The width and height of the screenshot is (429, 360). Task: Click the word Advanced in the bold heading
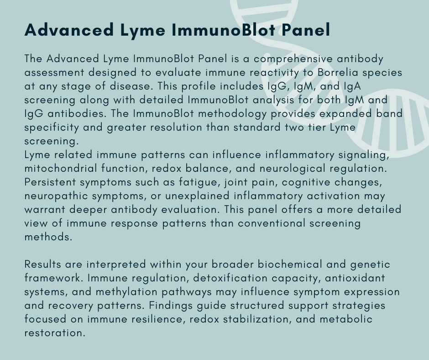(x=69, y=30)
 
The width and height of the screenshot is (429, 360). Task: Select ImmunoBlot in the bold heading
(x=223, y=30)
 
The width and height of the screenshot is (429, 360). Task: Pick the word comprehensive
(x=293, y=59)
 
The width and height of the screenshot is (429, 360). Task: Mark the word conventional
(x=272, y=223)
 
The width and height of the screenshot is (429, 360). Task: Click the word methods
(x=48, y=237)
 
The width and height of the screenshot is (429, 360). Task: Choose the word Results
(x=43, y=264)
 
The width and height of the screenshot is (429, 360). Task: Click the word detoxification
(x=230, y=278)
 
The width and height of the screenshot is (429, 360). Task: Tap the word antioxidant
(x=355, y=278)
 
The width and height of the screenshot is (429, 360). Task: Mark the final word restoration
(x=55, y=333)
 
